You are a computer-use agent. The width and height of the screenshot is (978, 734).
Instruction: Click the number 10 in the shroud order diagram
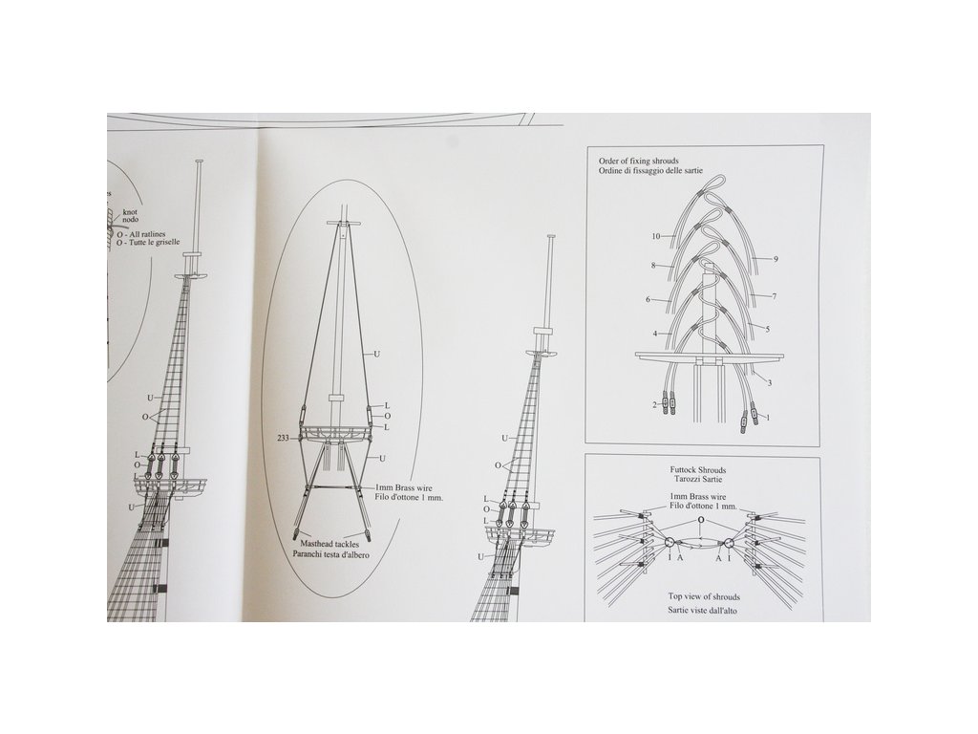[x=656, y=236]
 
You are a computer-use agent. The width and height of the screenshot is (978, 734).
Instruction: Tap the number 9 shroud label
[x=776, y=259]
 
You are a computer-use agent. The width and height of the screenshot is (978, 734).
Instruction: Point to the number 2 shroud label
[x=655, y=405]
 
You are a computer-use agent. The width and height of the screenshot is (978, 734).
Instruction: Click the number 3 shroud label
[x=770, y=382]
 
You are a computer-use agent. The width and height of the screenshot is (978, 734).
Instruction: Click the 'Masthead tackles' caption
[x=327, y=543]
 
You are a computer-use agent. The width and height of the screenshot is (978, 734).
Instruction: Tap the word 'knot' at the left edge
[x=131, y=213]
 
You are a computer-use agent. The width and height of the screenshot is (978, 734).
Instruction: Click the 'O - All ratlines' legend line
[x=152, y=233]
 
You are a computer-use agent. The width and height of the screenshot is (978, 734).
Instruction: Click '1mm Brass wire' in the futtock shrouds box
[x=703, y=497]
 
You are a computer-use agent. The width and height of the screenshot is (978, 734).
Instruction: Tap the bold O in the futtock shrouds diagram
[x=701, y=522]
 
